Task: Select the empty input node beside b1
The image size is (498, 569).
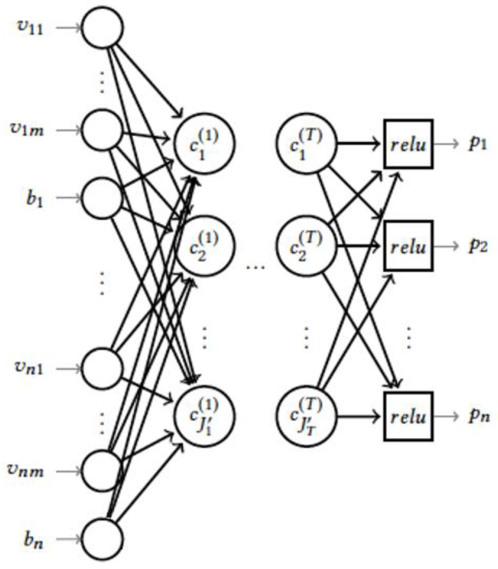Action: click(x=102, y=198)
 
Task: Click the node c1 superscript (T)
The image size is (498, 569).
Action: click(x=306, y=144)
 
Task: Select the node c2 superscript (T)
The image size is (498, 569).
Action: click(x=306, y=246)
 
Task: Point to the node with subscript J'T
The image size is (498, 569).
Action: click(x=306, y=416)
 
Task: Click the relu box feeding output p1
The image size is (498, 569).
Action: click(x=408, y=144)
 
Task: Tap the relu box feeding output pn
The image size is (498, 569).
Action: click(x=408, y=416)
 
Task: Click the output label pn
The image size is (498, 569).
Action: click(x=479, y=417)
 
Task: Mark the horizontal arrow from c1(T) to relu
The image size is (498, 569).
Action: click(x=359, y=144)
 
